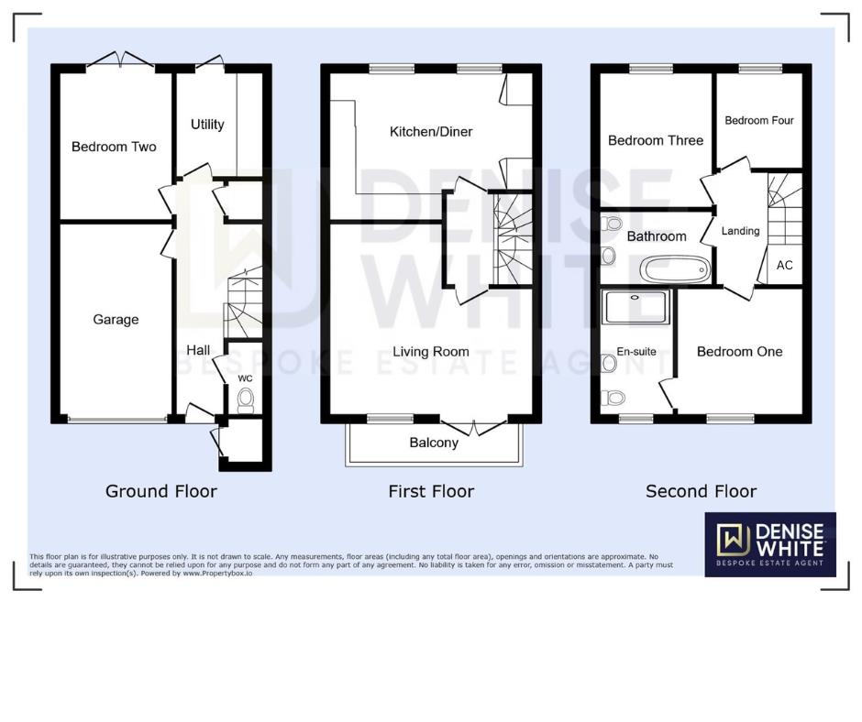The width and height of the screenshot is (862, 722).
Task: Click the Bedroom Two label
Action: (114, 147)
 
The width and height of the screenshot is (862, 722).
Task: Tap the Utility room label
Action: (207, 125)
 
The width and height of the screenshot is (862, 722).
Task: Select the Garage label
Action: (116, 320)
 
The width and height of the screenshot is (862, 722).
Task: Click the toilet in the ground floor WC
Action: (245, 399)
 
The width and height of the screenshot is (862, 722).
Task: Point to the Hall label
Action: (198, 350)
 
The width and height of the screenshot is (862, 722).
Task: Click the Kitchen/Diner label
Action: (431, 132)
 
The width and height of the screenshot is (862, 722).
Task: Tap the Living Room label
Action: (431, 352)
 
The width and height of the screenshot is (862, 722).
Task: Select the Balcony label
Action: (434, 443)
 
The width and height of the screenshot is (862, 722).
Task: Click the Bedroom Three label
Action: (656, 140)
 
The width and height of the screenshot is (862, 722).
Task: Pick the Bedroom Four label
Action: (759, 121)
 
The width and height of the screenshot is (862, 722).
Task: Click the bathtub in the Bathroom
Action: (675, 269)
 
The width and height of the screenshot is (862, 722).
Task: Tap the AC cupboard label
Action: (785, 266)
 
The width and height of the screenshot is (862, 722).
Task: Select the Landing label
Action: (740, 231)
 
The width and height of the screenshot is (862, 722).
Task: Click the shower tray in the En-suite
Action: (637, 307)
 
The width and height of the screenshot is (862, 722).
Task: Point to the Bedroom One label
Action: (740, 352)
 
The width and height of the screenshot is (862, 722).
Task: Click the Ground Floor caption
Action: (161, 491)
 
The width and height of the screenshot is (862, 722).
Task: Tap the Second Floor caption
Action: (702, 491)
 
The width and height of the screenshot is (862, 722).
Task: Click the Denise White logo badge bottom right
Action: (770, 544)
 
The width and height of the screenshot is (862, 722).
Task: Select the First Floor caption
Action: (431, 491)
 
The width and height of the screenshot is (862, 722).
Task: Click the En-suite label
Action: (636, 352)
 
